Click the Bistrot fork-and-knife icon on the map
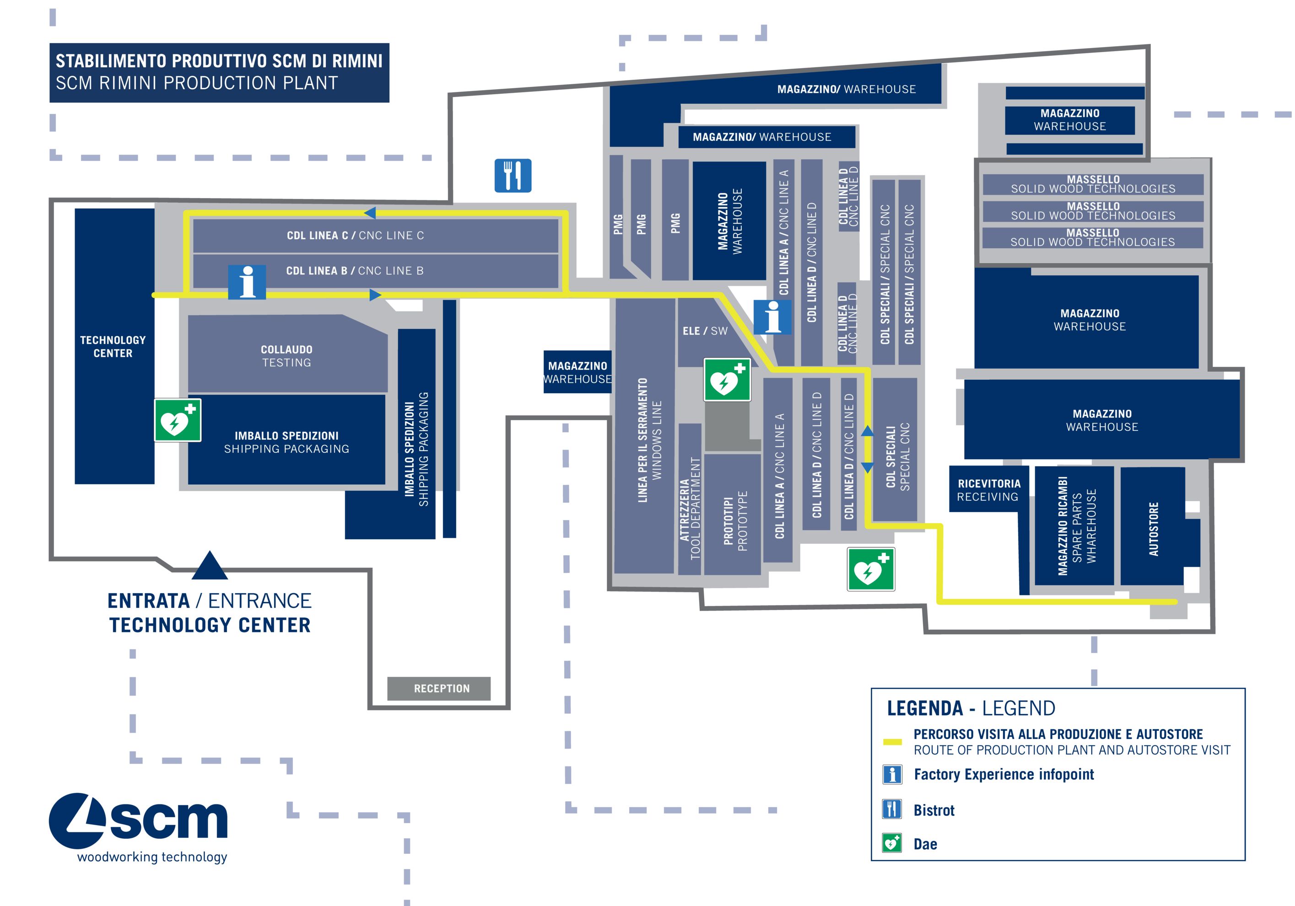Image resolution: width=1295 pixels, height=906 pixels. click(512, 175)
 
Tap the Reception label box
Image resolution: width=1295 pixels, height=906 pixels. click(441, 688)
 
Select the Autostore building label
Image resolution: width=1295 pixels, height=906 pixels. click(1154, 529)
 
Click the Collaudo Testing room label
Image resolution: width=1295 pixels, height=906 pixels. click(286, 356)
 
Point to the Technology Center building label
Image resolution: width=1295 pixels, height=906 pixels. click(113, 346)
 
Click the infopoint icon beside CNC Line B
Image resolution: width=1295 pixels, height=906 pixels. click(247, 281)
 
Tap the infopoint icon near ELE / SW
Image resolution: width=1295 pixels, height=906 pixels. click(772, 317)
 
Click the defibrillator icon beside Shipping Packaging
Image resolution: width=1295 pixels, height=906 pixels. click(178, 420)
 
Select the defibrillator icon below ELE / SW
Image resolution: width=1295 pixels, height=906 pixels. click(727, 380)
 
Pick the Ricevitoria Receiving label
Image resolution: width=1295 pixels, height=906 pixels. click(989, 490)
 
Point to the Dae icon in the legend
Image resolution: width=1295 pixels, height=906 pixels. click(892, 843)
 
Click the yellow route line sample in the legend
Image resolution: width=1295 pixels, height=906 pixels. click(892, 742)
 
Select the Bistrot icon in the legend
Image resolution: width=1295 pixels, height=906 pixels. click(892, 809)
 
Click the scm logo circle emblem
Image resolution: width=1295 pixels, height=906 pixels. click(78, 821)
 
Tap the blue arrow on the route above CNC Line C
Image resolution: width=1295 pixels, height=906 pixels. click(370, 213)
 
